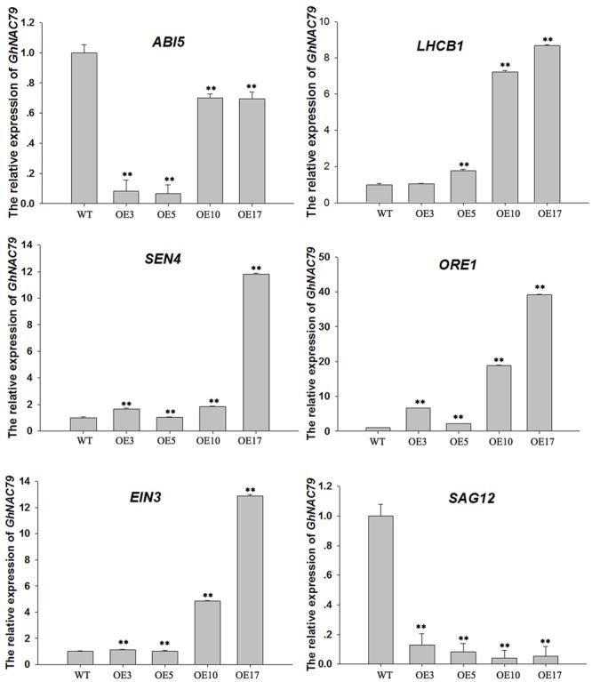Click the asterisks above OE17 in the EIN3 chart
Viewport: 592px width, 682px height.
tap(250, 489)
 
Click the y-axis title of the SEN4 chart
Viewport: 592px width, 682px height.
tap(13, 338)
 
